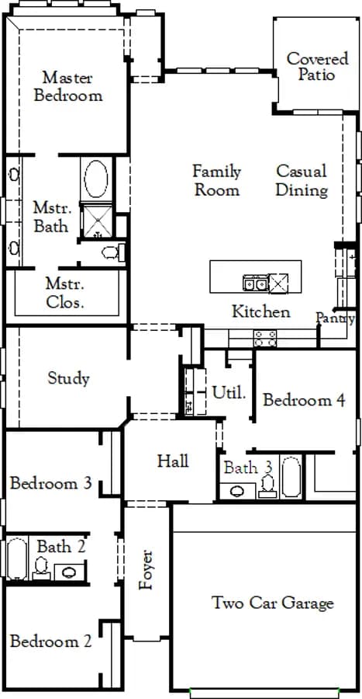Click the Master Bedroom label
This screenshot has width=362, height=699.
tap(68, 86)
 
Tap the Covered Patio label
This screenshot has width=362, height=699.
tap(317, 67)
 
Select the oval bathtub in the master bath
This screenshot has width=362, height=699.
tap(96, 179)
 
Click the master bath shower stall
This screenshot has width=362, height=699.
tap(96, 221)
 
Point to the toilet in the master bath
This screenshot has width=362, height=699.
tap(113, 252)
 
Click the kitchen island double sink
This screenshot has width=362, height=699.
tap(255, 283)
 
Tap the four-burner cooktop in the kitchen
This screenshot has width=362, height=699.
tap(264, 339)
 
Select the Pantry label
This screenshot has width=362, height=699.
tap(336, 318)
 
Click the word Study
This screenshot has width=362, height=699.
tap(68, 378)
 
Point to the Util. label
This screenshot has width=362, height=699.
tap(229, 393)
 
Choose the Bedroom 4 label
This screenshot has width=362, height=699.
tap(304, 400)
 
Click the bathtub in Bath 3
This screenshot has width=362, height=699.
tap(291, 477)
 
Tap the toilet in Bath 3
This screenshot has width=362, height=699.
tap(268, 486)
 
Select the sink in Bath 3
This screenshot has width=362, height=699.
tap(237, 491)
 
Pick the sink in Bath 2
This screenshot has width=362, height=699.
tap(69, 572)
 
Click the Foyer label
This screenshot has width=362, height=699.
tap(146, 570)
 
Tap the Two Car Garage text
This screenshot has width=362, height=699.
tap(272, 603)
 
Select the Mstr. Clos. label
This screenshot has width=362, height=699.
tap(65, 294)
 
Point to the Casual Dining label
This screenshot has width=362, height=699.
tap(302, 180)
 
